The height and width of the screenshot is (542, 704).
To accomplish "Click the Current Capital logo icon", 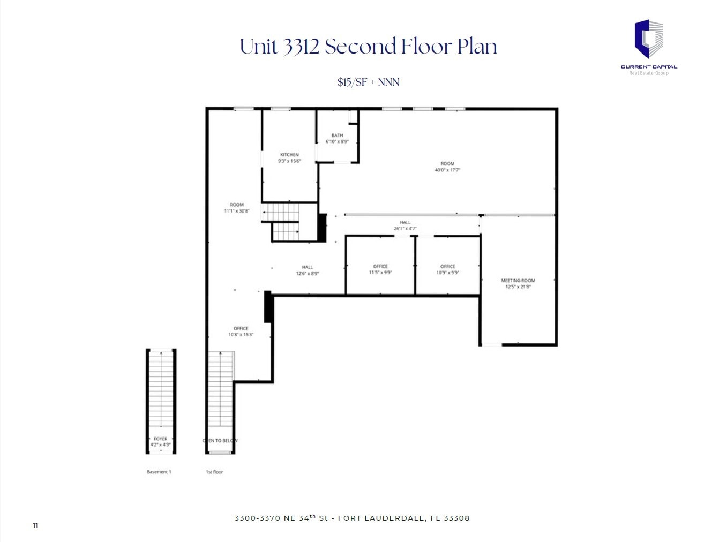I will click(x=649, y=39).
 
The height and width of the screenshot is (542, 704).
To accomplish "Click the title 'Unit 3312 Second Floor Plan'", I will click(x=368, y=47).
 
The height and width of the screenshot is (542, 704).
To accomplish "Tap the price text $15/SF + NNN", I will click(x=368, y=82).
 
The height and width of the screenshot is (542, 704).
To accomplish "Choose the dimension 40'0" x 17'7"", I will click(x=447, y=170).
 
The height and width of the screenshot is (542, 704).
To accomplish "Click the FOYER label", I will click(x=160, y=439).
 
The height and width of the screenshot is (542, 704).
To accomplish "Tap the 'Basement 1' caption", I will click(x=159, y=472).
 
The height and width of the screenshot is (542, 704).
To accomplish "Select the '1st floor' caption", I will click(x=214, y=472).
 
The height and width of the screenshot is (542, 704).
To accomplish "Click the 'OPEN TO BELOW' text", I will click(x=220, y=440).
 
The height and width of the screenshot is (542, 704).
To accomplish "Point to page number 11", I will click(x=35, y=525).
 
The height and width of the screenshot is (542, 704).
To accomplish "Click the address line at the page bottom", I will click(x=351, y=518).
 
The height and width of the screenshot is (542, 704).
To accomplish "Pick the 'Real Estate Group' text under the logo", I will click(x=648, y=73).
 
